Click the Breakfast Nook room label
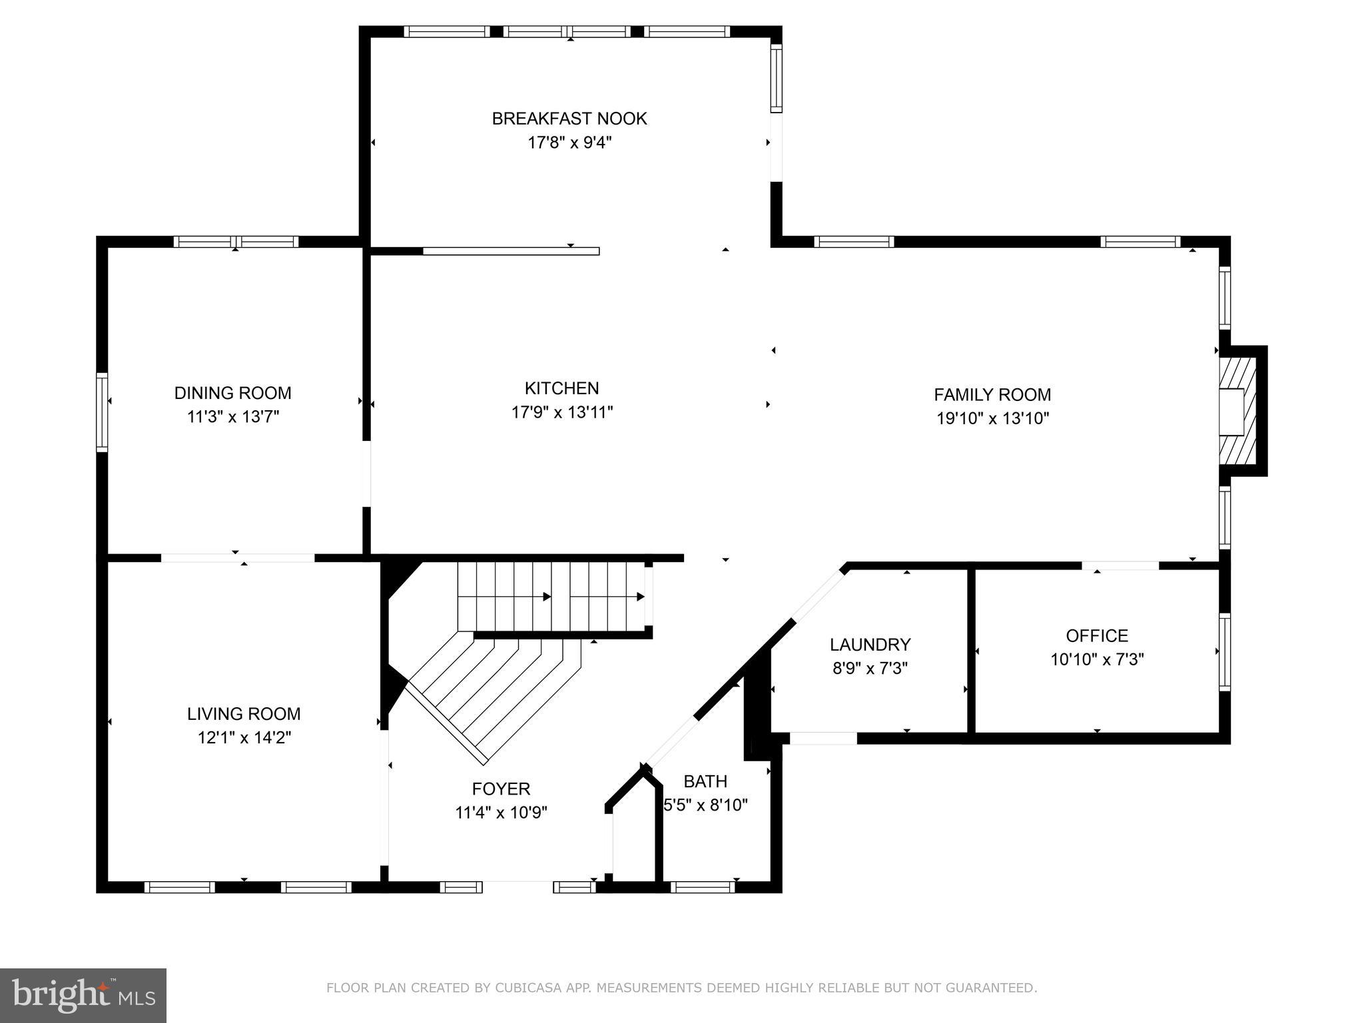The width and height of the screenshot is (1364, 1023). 569,119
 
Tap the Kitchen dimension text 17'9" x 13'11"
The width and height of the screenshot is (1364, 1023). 561,412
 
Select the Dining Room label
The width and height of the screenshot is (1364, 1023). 232,393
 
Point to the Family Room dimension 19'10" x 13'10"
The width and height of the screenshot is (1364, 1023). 992,418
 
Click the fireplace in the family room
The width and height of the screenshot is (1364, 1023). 1237,412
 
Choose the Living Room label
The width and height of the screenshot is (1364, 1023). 244,714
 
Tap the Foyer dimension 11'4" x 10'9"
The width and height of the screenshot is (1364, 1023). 501,813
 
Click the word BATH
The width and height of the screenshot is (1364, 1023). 705,781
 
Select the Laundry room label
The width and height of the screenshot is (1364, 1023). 870,645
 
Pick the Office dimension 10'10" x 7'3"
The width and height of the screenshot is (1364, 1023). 1097,659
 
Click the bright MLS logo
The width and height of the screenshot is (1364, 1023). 83,995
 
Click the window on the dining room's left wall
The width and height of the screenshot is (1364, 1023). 102,412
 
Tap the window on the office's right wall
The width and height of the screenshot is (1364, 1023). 1224,651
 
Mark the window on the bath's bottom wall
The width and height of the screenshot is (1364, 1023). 703,886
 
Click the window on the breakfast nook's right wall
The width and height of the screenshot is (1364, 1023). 776,79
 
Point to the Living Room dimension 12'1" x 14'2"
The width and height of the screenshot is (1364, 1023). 244,738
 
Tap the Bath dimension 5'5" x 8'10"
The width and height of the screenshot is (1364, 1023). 706,805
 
